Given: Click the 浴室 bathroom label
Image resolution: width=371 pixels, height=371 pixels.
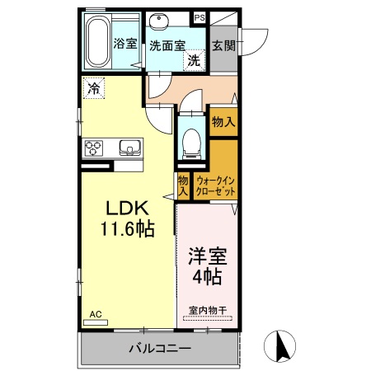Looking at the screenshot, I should [x=125, y=44].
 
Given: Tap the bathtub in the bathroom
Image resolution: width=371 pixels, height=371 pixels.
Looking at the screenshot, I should [x=97, y=42].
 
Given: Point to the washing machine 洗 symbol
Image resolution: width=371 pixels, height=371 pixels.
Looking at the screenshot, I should [x=193, y=60].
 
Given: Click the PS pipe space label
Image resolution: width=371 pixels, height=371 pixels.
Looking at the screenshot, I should [x=200, y=16].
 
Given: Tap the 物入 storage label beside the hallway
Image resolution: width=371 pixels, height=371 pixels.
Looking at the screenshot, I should [x=223, y=121].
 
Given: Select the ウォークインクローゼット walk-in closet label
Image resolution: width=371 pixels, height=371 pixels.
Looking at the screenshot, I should [x=216, y=185].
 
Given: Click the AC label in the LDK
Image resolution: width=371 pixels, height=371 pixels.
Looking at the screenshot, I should [x=95, y=313].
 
